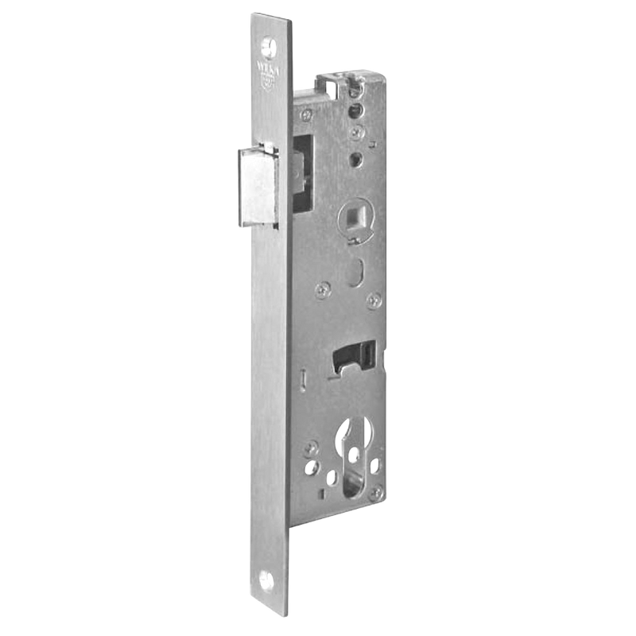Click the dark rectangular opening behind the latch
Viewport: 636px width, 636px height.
point(303,171)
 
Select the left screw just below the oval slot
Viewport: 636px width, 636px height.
point(321,289)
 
